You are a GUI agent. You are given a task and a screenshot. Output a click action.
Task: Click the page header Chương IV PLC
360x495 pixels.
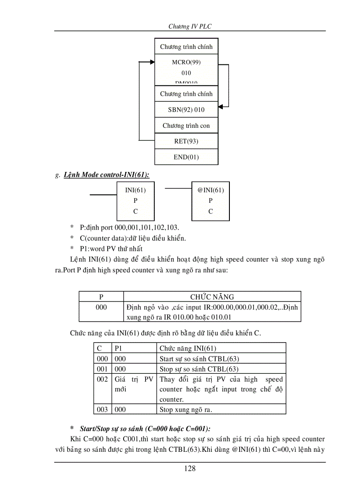coord(190,26)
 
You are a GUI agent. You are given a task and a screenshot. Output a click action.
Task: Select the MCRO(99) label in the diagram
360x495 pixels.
coord(186,62)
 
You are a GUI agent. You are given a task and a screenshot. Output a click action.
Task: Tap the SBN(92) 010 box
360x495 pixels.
coord(186,110)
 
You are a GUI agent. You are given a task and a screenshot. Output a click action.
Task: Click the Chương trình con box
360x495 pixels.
coord(186,126)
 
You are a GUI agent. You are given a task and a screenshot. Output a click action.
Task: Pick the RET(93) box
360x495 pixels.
coord(186,141)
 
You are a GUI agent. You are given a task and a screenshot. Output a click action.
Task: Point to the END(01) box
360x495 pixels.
coord(186,157)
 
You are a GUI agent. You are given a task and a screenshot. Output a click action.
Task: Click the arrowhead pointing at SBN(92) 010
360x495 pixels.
coord(221,106)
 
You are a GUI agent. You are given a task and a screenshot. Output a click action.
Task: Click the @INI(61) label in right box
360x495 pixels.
coord(210,190)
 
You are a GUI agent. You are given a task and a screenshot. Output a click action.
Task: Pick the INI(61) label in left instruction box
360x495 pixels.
coord(135,190)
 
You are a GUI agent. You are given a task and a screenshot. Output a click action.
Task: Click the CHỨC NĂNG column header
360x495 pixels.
coord(212,297)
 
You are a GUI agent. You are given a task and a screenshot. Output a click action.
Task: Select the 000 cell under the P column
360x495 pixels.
coord(101,307)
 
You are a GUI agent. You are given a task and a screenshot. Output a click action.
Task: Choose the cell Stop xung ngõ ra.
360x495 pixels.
coord(186,409)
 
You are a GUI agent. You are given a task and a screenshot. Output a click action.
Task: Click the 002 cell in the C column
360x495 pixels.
coord(102,379)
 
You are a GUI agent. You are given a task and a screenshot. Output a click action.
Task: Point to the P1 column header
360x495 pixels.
coord(118,349)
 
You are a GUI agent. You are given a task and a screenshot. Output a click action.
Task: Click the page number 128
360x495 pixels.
coord(190,468)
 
